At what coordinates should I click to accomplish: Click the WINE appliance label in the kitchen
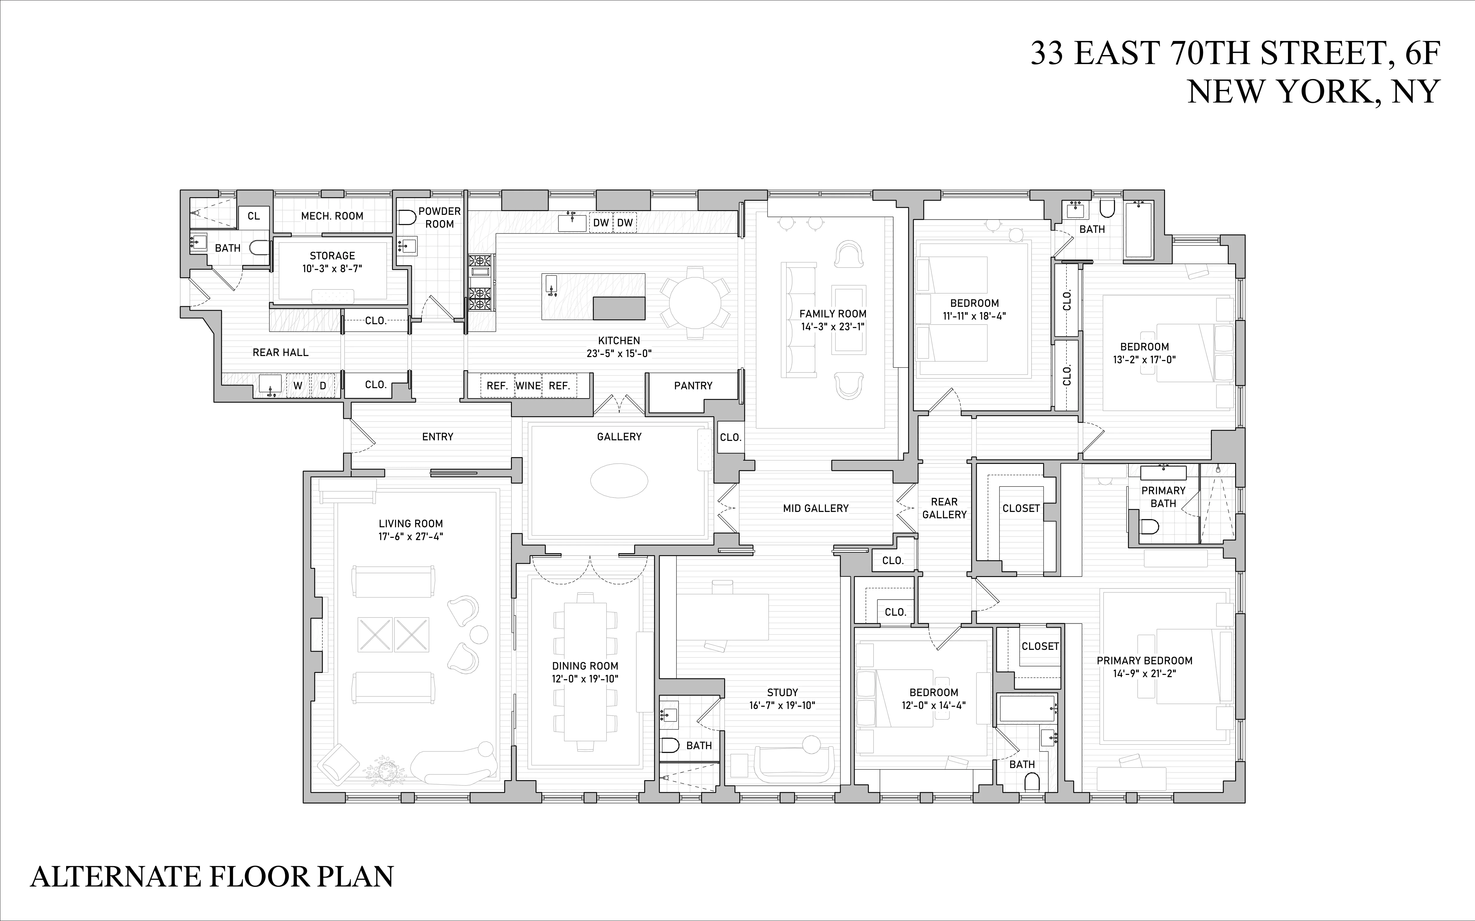coord(528,385)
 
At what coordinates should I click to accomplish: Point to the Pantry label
coord(693,385)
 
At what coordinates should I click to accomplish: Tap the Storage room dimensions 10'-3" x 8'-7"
coord(332,268)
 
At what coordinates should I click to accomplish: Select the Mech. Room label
coord(332,216)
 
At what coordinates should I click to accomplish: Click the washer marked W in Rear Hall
coord(298,385)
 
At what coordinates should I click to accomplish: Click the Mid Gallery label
coord(815,508)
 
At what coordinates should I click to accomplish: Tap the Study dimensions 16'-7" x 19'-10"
coord(782,705)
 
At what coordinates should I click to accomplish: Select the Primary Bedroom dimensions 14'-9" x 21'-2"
coord(1144,674)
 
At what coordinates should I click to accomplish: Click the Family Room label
coord(832,314)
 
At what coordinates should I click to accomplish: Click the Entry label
coord(437,437)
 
